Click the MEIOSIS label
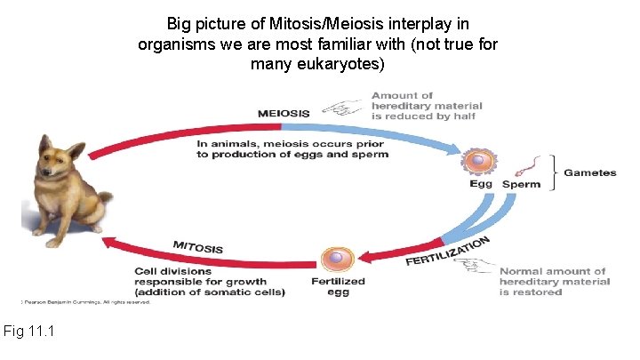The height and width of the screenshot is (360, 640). click(x=284, y=113)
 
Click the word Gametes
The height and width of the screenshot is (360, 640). click(x=589, y=172)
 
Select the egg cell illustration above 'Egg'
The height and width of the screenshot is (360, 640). click(x=478, y=163)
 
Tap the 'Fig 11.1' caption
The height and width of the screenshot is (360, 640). click(x=29, y=332)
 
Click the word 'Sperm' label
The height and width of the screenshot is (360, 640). click(x=521, y=185)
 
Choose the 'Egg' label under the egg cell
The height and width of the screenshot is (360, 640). click(x=481, y=185)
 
